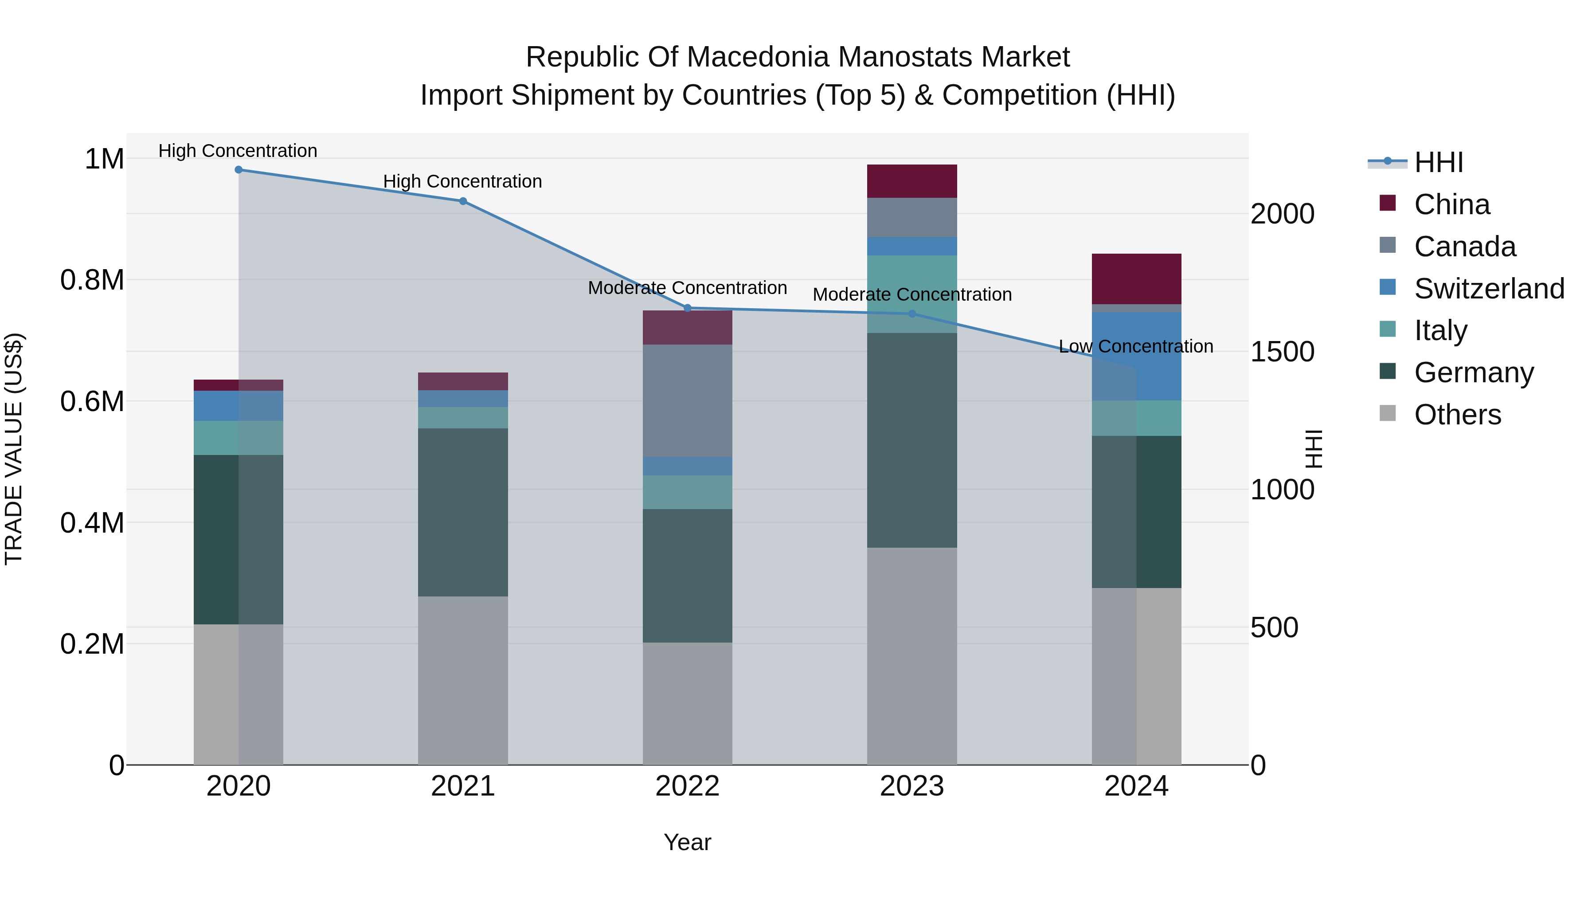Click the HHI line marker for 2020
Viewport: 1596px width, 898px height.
[x=239, y=170]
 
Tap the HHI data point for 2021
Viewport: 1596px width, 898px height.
[x=463, y=201]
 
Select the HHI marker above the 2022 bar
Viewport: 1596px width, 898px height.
[x=687, y=308]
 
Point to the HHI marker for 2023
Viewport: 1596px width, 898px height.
[x=911, y=314]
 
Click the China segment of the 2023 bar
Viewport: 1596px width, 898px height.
[x=911, y=181]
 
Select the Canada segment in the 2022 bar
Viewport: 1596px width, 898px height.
[x=687, y=400]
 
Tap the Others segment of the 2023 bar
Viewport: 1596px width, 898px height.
[x=911, y=656]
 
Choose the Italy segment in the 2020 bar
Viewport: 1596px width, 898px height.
[x=239, y=438]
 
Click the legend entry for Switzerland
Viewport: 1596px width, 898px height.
[x=1489, y=289]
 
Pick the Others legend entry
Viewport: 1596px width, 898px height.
[x=1457, y=415]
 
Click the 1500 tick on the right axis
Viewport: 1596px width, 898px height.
[x=1282, y=352]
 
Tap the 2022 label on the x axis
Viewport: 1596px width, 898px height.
[x=687, y=786]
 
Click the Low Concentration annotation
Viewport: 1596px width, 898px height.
[x=1136, y=346]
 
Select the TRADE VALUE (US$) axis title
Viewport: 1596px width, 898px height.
[x=14, y=449]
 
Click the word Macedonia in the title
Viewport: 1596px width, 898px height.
[x=756, y=57]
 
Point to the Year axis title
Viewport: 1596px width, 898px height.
[x=687, y=842]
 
